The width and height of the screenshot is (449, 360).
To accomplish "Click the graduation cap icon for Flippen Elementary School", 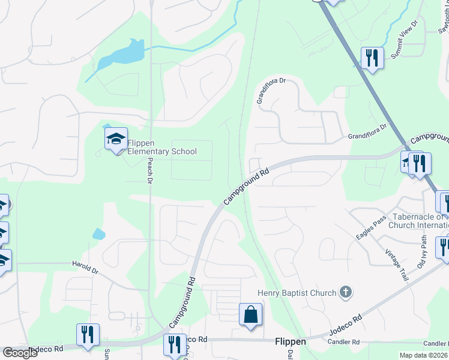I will point(116,140).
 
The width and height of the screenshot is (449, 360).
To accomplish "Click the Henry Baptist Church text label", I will point(297,293).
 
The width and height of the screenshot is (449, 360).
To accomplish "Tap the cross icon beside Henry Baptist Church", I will point(345,292).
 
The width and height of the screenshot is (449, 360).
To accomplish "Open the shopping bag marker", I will point(250,314).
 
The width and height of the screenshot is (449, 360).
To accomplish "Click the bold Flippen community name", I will point(290,341).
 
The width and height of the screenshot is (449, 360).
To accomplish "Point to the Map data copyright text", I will point(424,355).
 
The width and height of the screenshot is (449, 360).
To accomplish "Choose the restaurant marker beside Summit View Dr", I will point(372,58).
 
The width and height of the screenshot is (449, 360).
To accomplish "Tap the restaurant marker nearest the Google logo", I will point(88,335).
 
